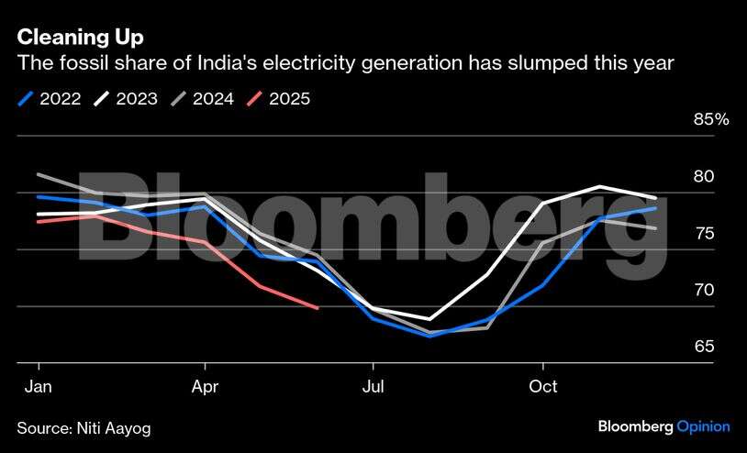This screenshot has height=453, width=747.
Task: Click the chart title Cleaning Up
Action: [x=80, y=38]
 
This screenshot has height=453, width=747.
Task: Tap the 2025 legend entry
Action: [x=289, y=98]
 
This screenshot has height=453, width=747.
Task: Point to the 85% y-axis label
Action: [x=710, y=119]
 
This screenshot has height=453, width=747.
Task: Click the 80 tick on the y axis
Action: [x=703, y=176]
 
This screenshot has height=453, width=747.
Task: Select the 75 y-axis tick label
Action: [x=703, y=233]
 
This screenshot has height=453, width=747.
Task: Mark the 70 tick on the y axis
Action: [x=703, y=290]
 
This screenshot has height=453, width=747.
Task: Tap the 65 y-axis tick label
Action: [x=703, y=347]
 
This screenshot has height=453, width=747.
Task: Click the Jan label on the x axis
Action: [x=38, y=386]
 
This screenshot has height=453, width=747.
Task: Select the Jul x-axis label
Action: [x=372, y=386]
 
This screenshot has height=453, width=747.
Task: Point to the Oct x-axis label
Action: [x=543, y=386]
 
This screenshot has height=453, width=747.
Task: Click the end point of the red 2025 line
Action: [x=318, y=308]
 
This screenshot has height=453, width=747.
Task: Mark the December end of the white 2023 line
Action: [x=655, y=198]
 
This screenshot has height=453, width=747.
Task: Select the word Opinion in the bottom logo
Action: [x=703, y=426]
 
